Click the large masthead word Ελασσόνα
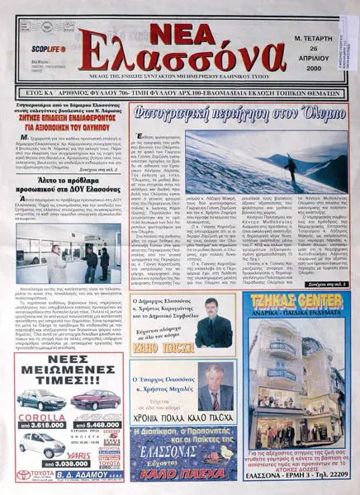point(189,59)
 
